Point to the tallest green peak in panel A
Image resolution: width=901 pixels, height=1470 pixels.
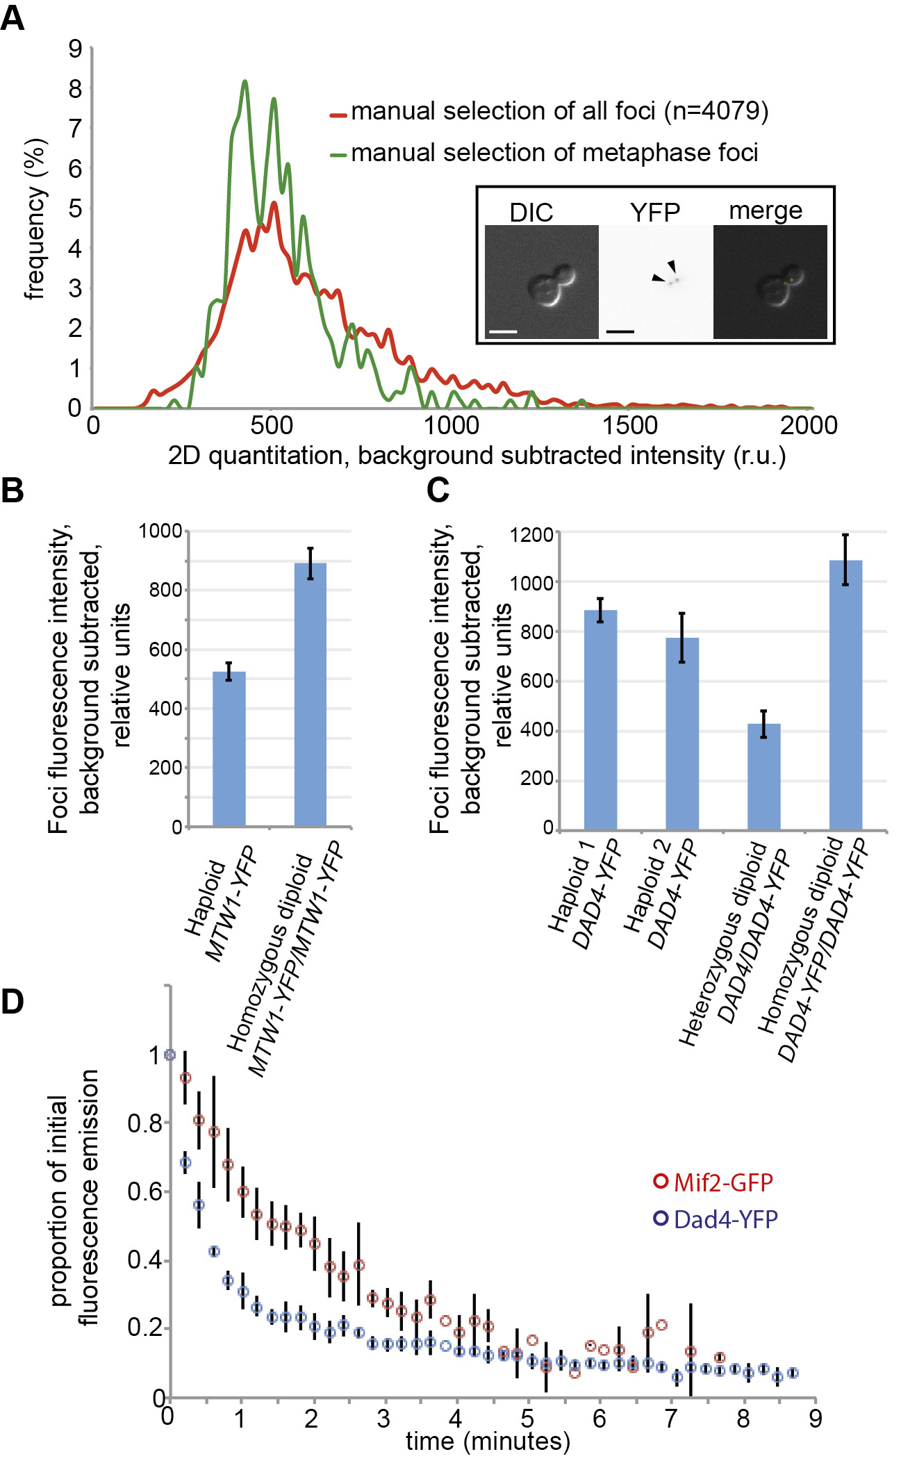tap(245, 83)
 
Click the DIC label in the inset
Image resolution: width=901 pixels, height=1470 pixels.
tap(531, 213)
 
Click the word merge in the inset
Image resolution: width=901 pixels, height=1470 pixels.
tap(765, 210)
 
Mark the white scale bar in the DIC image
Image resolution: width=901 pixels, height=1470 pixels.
tap(503, 332)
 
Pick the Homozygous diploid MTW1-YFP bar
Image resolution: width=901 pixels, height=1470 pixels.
tap(311, 695)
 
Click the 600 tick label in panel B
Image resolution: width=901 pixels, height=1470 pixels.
tap(166, 650)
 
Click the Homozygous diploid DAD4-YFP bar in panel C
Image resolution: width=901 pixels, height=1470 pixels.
tap(845, 695)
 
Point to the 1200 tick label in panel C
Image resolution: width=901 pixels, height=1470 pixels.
tap(531, 535)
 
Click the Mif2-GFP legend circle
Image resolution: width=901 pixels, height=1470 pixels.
tap(661, 1181)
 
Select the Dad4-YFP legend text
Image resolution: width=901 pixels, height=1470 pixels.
tap(725, 1219)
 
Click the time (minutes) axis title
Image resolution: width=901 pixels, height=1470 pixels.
tap(488, 1441)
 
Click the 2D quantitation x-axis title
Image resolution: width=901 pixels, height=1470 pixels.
tap(477, 456)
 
